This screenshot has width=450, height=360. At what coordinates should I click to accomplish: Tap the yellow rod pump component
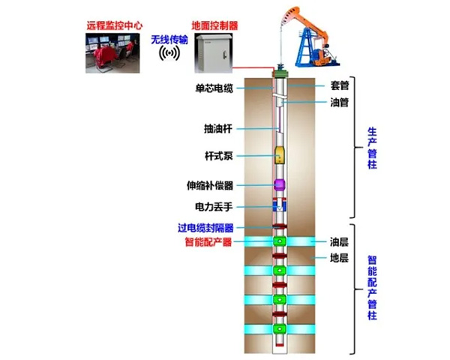279,155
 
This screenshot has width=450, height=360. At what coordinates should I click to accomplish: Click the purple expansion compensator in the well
279,184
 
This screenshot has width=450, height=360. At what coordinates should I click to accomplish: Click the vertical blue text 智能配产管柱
372,288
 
